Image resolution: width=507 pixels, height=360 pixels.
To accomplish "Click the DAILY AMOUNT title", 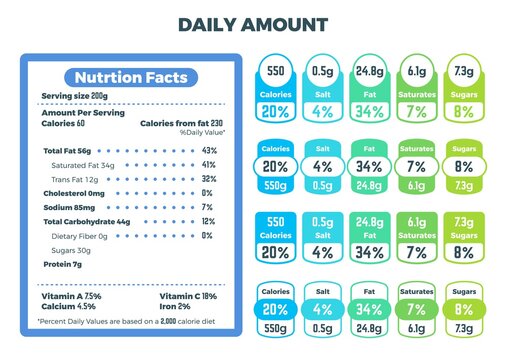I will (x=253, y=25).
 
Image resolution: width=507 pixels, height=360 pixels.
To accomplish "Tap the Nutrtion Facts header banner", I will (x=124, y=77).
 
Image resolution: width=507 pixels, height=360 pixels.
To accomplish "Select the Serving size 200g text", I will (x=74, y=96).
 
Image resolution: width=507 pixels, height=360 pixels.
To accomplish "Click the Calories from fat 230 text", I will (x=184, y=122).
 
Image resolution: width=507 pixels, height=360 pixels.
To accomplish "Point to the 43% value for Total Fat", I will (x=208, y=150).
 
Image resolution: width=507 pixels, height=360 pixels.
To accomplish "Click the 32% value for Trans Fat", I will (x=208, y=178).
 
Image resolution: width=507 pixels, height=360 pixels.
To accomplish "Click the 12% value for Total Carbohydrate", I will (x=208, y=221).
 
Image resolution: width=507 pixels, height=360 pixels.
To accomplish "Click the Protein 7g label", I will (x=61, y=264).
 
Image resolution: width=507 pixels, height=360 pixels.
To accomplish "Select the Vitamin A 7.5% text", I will (x=71, y=297).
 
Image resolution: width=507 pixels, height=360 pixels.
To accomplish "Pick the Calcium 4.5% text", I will (x=67, y=307).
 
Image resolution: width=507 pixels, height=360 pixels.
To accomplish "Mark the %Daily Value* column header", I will (x=202, y=132).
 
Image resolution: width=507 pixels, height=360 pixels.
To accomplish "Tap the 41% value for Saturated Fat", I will (x=208, y=164).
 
